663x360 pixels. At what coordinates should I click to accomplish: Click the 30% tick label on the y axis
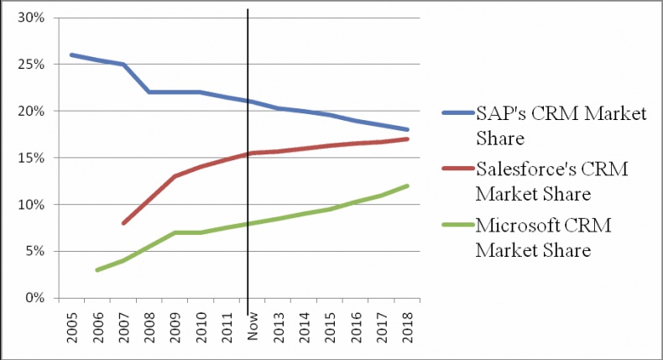tap(30, 18)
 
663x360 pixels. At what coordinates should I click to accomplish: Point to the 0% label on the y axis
tap(34, 298)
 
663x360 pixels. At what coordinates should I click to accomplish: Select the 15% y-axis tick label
tap(30, 158)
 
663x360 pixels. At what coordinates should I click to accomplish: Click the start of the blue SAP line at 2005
tap(71, 55)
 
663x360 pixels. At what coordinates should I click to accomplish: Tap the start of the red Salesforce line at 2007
tap(123, 223)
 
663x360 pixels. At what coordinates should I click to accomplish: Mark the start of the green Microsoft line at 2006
tap(97, 270)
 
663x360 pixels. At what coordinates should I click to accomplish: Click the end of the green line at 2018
tap(408, 185)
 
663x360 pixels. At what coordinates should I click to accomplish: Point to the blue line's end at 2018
tap(408, 129)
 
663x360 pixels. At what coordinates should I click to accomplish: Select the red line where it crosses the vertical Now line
tap(248, 153)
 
